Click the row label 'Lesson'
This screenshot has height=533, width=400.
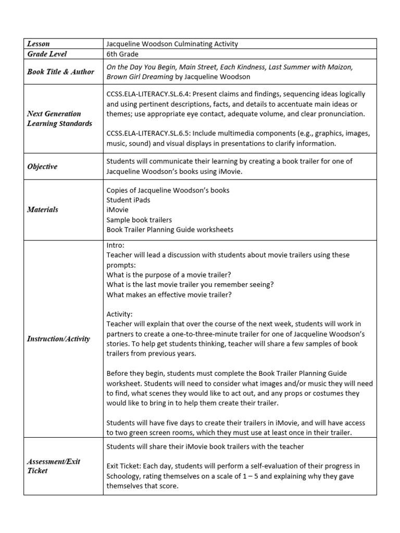38,44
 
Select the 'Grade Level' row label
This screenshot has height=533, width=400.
46,54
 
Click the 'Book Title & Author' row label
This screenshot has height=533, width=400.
60,71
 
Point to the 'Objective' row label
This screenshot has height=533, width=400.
42,167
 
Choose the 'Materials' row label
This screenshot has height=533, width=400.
42,209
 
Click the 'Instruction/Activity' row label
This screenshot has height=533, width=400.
58,338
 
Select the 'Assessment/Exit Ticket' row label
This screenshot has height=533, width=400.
54,466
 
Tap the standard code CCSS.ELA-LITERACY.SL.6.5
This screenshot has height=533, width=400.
154,133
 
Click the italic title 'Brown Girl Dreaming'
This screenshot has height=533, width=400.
140,77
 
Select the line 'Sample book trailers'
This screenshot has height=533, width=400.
139,220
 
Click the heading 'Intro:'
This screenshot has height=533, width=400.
116,245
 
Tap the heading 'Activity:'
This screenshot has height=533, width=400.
120,314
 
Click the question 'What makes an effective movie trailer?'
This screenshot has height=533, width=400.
169,295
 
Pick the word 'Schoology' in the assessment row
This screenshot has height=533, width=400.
125,476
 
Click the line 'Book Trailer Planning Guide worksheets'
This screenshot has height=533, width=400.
170,230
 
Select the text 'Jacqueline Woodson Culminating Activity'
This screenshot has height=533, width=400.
172,44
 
